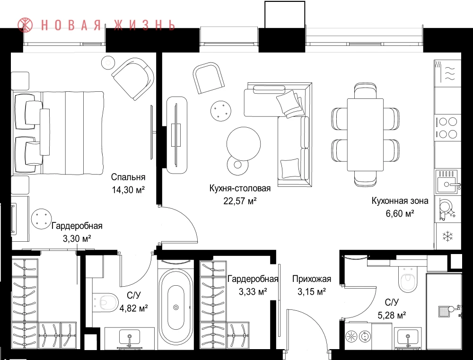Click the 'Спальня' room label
(128, 177)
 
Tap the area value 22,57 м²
(240, 201)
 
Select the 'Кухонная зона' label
(400, 201)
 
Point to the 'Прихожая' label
(312, 279)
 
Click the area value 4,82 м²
(134, 308)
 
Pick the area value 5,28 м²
(392, 316)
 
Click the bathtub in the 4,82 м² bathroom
(176, 307)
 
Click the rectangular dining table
(365, 134)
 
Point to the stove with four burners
(447, 128)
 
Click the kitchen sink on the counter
(447, 182)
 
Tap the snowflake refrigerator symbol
(447, 236)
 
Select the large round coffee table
(244, 144)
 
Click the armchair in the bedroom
(133, 79)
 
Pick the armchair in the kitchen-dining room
(209, 78)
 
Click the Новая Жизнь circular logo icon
(25, 25)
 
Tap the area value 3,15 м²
(312, 292)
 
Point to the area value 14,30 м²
(128, 190)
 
